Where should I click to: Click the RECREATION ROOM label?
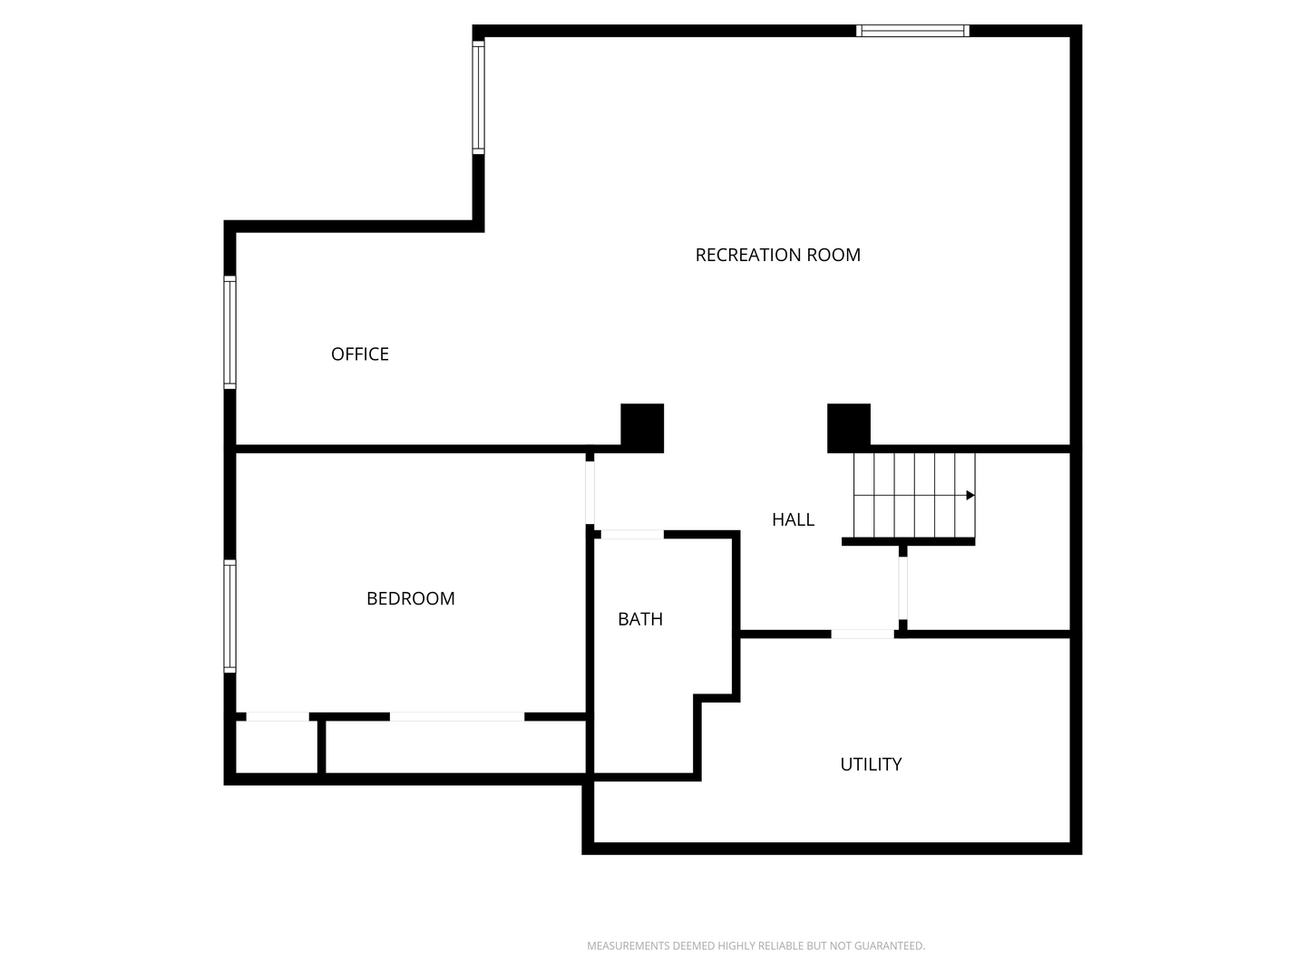pos(777,255)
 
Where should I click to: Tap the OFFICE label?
pos(359,354)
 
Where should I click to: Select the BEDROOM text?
pos(410,598)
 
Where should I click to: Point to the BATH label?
pos(639,619)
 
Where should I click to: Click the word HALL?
pos(793,520)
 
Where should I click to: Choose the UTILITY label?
pos(870,764)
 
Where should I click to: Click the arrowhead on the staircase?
pos(970,495)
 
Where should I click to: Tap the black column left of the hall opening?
pos(641,428)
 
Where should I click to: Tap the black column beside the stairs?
pos(849,428)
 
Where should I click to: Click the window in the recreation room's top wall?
pos(912,31)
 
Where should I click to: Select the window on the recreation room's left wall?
pos(478,97)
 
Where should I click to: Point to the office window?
pos(229,333)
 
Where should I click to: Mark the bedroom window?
pos(229,616)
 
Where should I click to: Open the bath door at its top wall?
pos(632,535)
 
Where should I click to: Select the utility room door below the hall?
pos(863,635)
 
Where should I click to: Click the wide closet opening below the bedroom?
pos(457,717)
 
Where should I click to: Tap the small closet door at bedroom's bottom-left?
pos(278,717)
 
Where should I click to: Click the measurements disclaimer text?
pos(755,945)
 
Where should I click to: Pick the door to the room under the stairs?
pos(902,588)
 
